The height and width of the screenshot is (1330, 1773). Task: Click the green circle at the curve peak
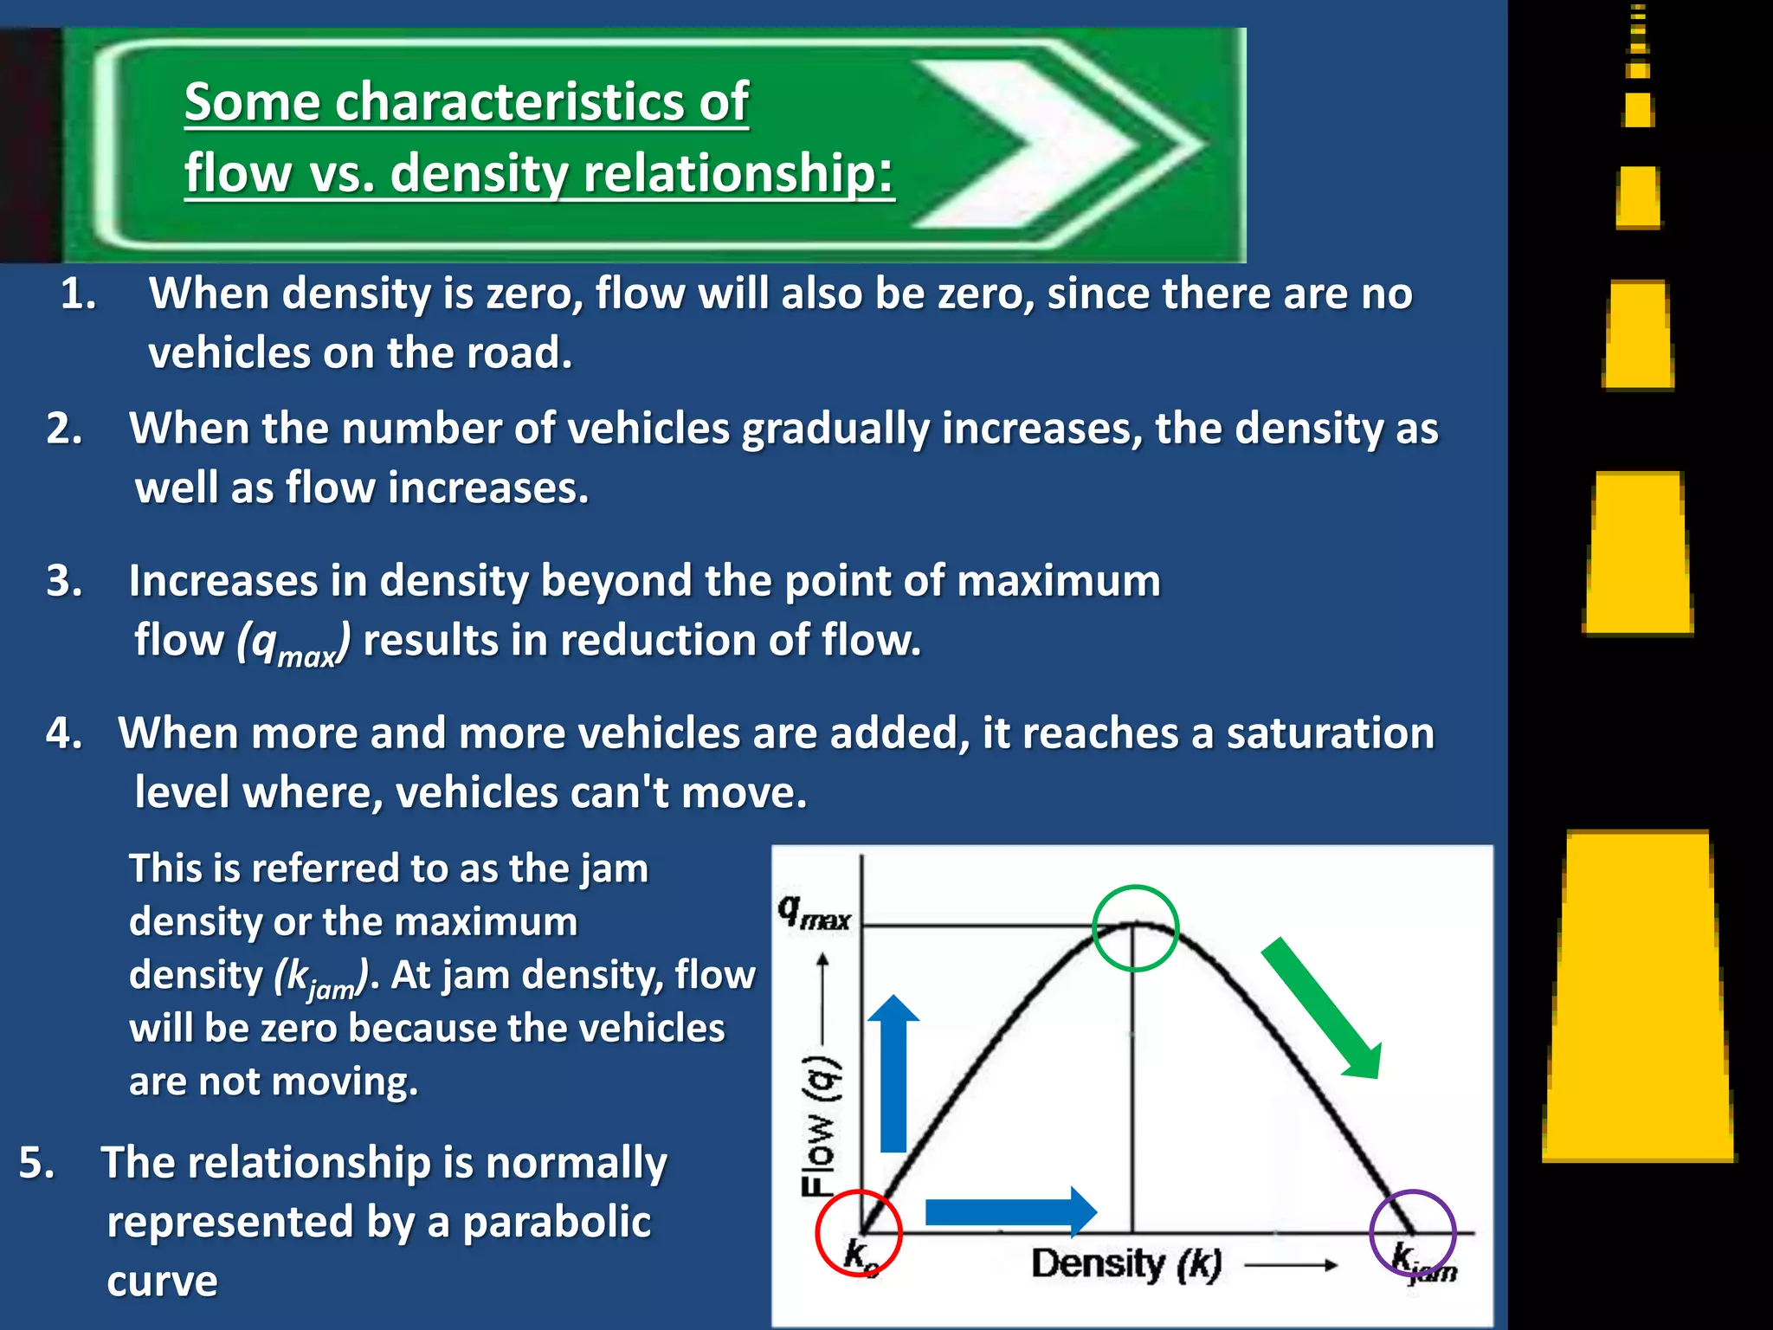1135,928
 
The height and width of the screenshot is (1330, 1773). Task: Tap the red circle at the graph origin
859,1233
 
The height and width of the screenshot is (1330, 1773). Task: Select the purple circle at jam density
1413,1233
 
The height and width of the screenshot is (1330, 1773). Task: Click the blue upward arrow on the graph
893,1074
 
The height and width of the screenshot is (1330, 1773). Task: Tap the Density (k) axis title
1126,1264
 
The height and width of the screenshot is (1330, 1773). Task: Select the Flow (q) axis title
818,1126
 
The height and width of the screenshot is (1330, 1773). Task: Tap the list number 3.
65,580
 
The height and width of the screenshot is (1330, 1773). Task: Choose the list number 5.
37,1162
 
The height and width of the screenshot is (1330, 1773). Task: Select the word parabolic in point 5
557,1223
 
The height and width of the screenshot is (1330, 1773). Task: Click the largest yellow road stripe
1639,996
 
